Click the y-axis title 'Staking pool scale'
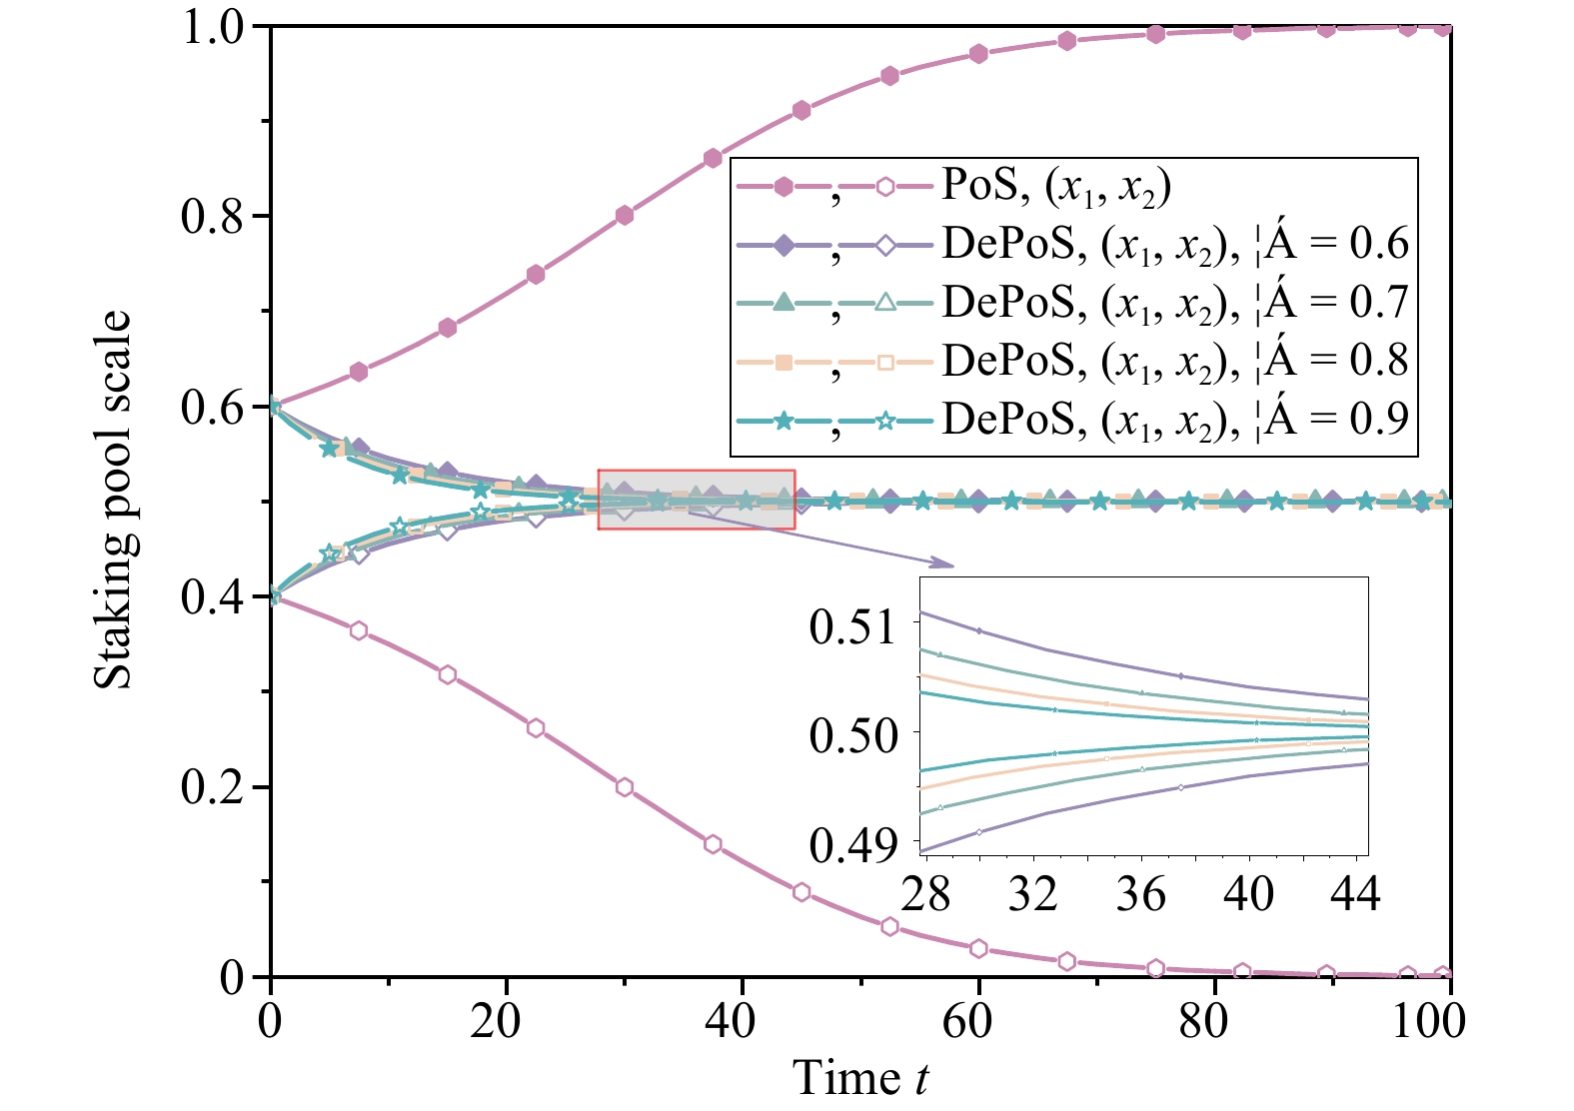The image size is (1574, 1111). click(x=112, y=500)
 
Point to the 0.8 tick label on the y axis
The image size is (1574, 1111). click(x=213, y=217)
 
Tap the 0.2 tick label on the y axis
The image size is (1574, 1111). click(x=213, y=787)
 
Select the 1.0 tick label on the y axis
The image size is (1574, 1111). click(x=213, y=27)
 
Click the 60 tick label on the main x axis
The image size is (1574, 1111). click(x=967, y=1021)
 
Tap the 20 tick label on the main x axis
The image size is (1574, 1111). click(x=497, y=1021)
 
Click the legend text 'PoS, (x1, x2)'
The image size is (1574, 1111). click(x=1055, y=186)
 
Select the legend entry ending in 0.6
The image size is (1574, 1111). click(x=1174, y=244)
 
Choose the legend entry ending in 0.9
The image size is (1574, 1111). click(x=1174, y=419)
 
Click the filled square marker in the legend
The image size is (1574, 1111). click(x=785, y=362)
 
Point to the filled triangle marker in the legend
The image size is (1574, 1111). click(x=785, y=303)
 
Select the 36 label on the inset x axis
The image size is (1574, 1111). click(x=1140, y=892)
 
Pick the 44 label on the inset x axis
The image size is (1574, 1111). click(x=1355, y=892)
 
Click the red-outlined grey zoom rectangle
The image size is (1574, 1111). click(x=697, y=500)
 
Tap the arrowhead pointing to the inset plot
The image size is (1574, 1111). click(x=944, y=564)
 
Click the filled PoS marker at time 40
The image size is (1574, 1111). click(x=713, y=158)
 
